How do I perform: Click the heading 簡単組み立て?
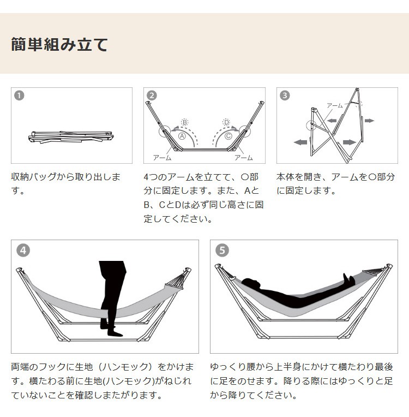(59, 44)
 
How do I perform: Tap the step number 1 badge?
(19, 96)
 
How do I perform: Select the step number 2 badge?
(152, 96)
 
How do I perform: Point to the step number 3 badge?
(285, 96)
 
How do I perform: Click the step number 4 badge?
(23, 251)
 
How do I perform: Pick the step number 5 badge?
(221, 251)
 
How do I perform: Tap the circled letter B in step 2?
(184, 122)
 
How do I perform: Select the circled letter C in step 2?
(228, 136)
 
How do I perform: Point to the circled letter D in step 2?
(226, 122)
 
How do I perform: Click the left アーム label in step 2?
(162, 158)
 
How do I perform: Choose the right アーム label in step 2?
(243, 158)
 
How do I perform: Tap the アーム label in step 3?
(334, 105)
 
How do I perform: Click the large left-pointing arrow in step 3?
(300, 142)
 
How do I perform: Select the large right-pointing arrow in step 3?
(349, 142)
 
